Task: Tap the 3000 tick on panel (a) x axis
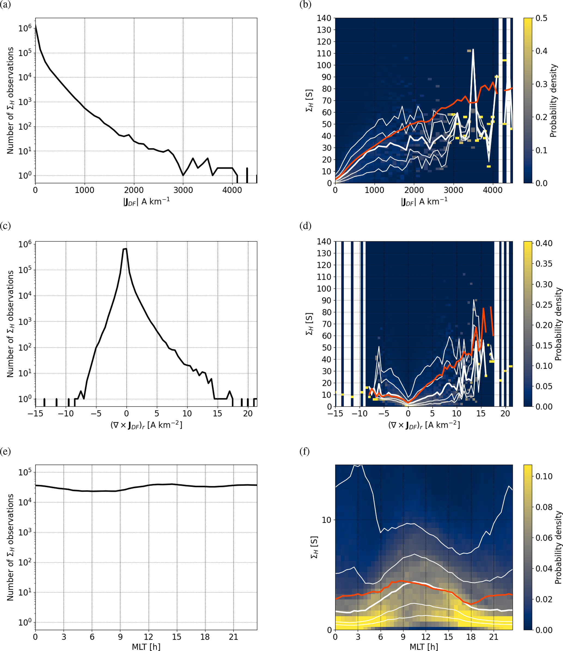[x=183, y=190]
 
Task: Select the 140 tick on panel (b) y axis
[x=324, y=18]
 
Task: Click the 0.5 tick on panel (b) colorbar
[x=541, y=18]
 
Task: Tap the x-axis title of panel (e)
[x=146, y=647]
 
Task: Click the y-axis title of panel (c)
[x=10, y=324]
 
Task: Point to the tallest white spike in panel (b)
[x=473, y=50]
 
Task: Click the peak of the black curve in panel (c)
[x=125, y=249]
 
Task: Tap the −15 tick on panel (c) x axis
[x=35, y=414]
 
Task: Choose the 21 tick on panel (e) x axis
[x=233, y=637]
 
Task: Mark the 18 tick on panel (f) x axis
[x=471, y=637]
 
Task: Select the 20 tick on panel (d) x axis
[x=505, y=414]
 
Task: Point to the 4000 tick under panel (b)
[x=493, y=190]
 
